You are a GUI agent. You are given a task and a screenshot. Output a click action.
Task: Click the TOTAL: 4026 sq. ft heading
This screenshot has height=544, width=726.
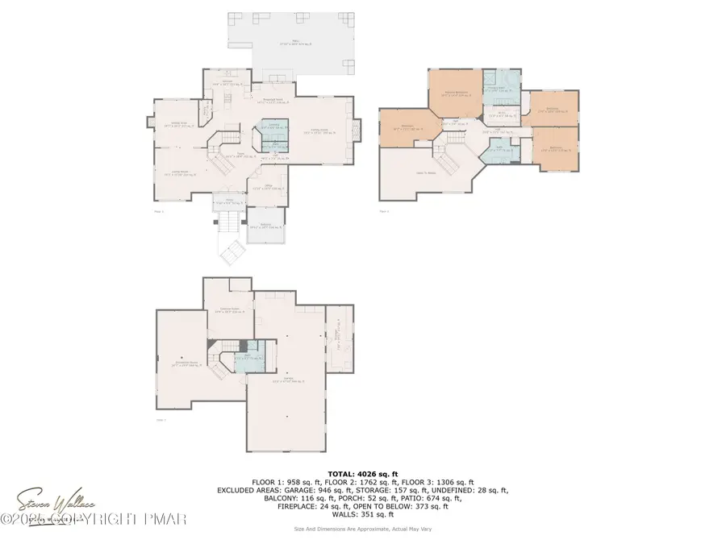[x=362, y=474]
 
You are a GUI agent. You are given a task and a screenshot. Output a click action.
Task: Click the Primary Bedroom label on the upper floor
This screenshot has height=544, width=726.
[x=458, y=93]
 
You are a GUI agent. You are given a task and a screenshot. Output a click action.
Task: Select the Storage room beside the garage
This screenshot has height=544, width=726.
[x=338, y=338]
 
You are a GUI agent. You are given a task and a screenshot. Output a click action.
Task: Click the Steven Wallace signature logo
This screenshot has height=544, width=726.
[x=48, y=505]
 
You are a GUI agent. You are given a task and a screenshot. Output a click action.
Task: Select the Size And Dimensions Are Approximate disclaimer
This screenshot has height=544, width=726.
[x=362, y=529]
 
